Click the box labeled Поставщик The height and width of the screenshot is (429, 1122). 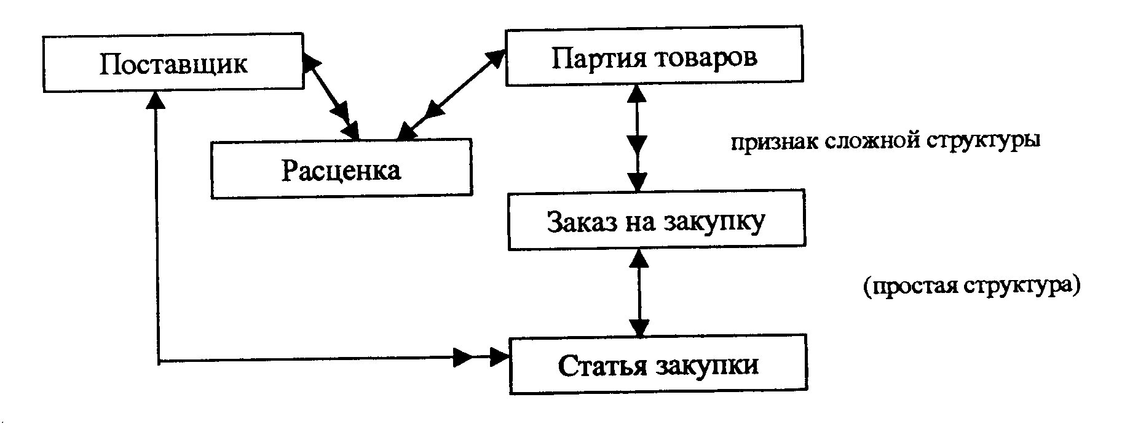[173, 63]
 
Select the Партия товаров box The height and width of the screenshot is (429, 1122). [654, 56]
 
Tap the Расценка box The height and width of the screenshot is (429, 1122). [341, 169]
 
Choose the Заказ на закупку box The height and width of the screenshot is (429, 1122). [656, 222]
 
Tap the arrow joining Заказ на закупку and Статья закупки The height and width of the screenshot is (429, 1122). [640, 292]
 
